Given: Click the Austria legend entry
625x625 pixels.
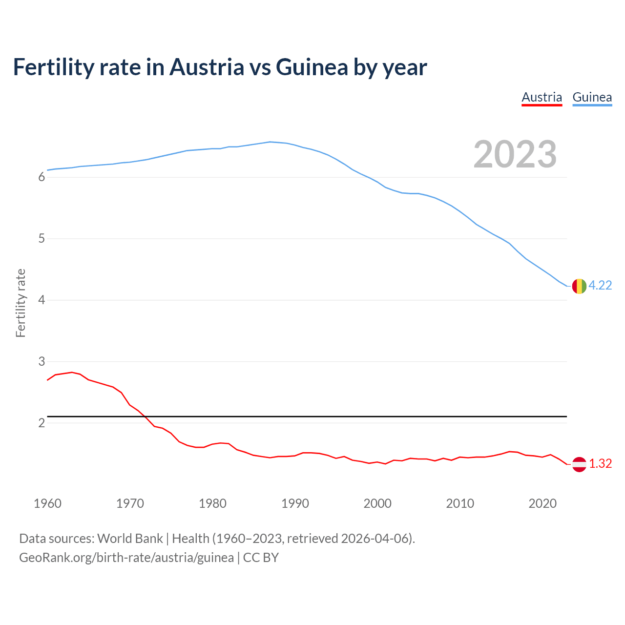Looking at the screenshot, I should click(542, 97).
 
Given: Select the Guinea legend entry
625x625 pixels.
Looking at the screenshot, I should click(592, 97).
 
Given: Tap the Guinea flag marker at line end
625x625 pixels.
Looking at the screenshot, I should click(579, 286).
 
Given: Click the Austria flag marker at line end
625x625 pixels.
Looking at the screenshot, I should click(579, 464).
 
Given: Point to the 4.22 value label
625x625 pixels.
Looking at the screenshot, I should click(600, 286).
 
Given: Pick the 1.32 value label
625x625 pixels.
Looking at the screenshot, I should click(600, 464).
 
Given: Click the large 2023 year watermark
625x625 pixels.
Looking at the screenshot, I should click(515, 154).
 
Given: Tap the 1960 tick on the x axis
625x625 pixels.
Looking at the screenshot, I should click(47, 503).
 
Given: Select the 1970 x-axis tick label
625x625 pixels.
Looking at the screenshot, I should click(130, 503).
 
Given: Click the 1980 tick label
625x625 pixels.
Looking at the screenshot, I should click(212, 503).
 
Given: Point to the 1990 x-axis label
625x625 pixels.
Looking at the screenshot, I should click(295, 503).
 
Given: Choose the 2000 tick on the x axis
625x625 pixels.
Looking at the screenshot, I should click(377, 503).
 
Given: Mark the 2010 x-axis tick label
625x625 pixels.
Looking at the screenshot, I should click(460, 503).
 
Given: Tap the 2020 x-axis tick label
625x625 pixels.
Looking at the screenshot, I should click(542, 503).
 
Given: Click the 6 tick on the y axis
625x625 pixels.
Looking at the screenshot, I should click(42, 177).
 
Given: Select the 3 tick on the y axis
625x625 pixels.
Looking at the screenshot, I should click(42, 362).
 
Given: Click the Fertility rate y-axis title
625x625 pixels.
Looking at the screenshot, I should click(21, 303).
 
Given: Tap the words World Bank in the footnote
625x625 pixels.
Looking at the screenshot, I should click(130, 539).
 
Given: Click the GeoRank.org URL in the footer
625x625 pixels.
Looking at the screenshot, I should click(126, 558).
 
